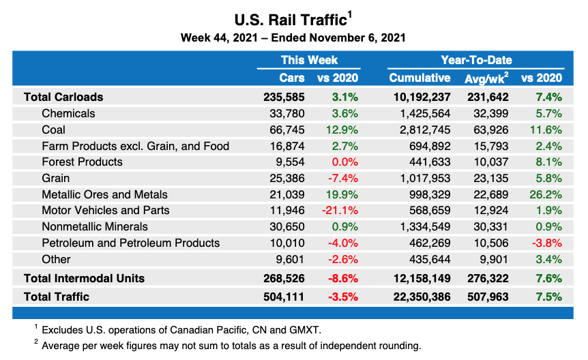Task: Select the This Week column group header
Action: tap(310, 60)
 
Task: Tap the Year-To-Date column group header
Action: tap(476, 60)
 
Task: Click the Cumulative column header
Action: tap(420, 78)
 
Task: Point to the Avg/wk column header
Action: tap(486, 78)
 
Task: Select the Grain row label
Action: tap(56, 178)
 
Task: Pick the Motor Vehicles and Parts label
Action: tap(105, 210)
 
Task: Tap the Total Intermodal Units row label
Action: tap(84, 278)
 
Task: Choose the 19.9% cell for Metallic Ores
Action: tap(342, 194)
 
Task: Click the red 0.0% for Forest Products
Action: tap(344, 162)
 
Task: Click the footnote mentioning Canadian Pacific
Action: tap(181, 329)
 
